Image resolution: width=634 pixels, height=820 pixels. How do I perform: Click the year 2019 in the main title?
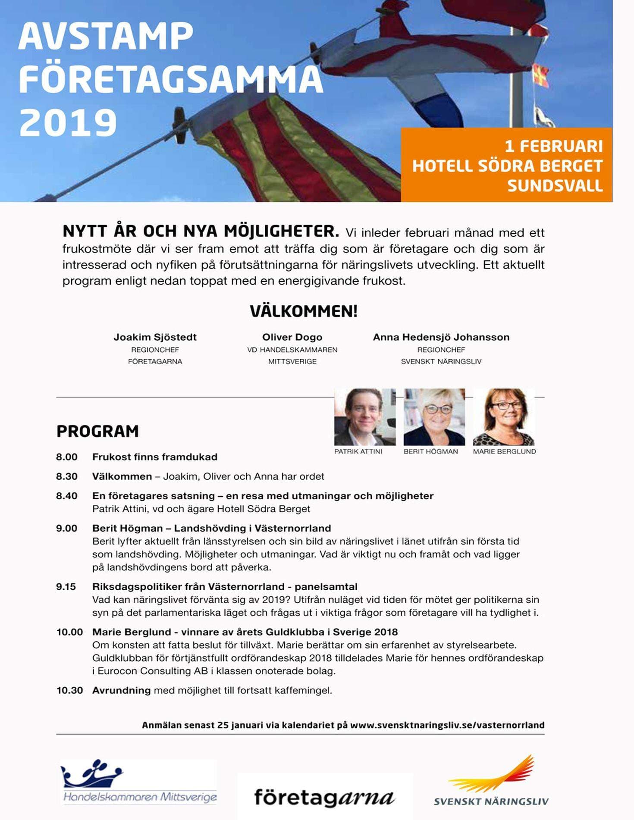point(68,122)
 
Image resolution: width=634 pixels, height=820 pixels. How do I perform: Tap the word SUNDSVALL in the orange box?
point(555,186)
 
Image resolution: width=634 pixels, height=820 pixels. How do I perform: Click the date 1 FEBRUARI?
point(553,146)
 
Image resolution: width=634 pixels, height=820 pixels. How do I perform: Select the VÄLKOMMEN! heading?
point(304,311)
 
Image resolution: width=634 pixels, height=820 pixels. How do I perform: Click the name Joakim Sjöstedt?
point(155,337)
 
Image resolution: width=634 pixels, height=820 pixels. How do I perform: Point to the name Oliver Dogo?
point(292,337)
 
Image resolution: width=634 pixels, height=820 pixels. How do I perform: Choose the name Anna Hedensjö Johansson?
point(441,337)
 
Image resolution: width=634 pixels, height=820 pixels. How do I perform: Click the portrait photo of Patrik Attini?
point(364,417)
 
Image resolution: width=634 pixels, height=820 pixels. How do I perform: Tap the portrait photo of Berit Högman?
point(434,417)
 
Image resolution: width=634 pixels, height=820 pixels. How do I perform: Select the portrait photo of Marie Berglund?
point(503,417)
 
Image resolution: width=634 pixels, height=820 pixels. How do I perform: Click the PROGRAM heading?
point(97,431)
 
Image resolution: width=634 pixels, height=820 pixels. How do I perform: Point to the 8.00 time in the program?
point(66,457)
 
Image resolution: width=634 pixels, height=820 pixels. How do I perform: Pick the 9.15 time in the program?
point(66,586)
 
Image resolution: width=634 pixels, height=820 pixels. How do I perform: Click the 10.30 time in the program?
point(69,690)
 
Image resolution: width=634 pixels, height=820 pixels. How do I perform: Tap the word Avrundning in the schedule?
point(121,690)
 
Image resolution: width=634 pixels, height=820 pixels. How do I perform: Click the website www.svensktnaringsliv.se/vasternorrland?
point(447,725)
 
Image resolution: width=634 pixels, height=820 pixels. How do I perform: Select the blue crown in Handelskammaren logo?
point(92,774)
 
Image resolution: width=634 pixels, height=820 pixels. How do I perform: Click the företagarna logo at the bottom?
point(324,798)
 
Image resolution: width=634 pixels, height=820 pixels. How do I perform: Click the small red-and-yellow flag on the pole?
point(541,76)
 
